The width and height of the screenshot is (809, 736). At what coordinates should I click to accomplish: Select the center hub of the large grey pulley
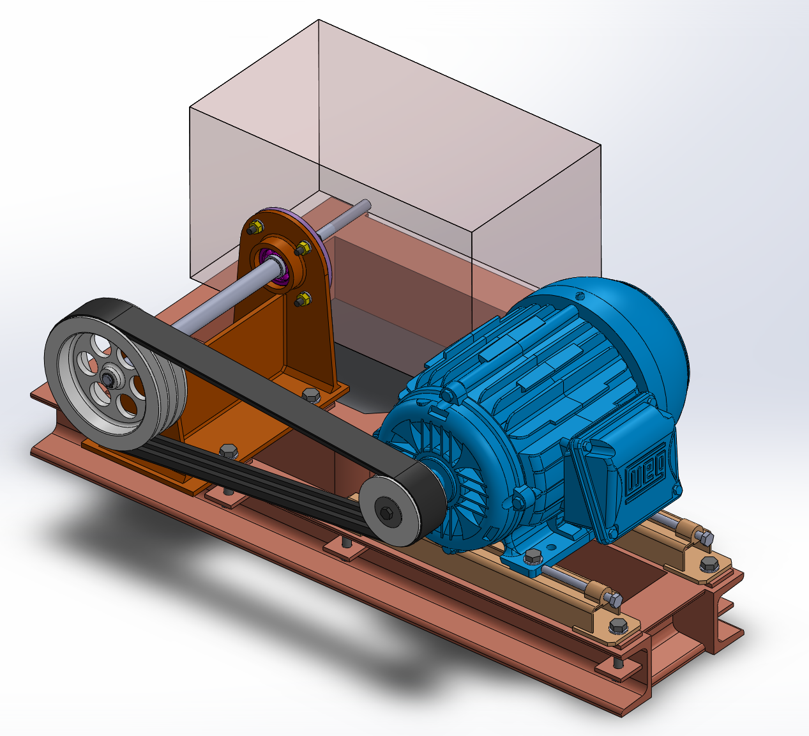coord(108,379)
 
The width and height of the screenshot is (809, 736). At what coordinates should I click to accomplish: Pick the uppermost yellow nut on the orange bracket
coord(255,227)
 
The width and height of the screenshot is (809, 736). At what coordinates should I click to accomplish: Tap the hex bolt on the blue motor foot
coord(533,556)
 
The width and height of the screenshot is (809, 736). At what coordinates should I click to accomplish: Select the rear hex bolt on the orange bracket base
coord(311,394)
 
